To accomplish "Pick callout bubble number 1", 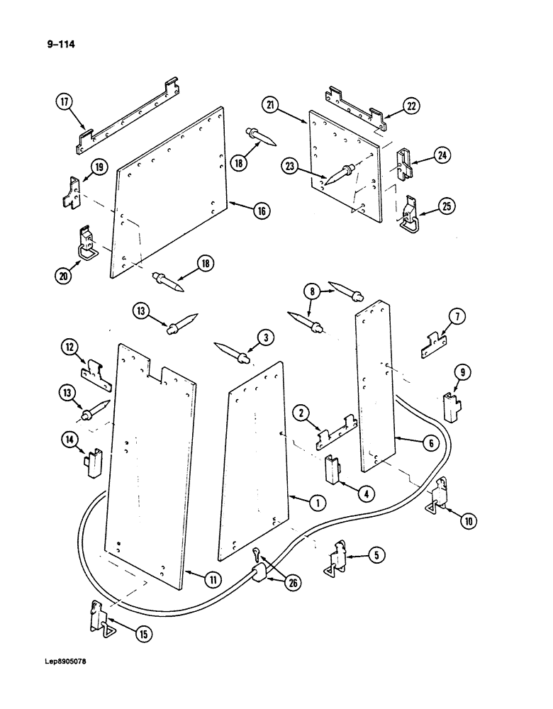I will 317,502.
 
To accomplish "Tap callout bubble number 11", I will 213,580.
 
